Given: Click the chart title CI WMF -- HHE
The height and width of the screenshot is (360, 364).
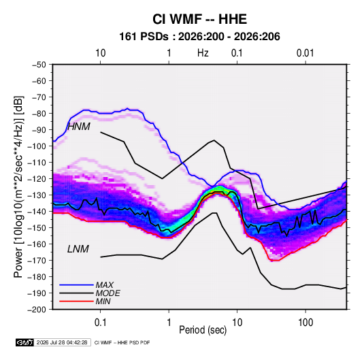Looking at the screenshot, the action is coord(199,19).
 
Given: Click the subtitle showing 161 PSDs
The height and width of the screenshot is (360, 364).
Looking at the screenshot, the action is coord(199,37).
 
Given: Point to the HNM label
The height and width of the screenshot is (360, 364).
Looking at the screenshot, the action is coord(79,127).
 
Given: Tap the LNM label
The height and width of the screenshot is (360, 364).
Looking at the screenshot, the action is coord(78,249).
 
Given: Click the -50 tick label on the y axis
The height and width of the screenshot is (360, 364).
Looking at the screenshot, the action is coord(39,65).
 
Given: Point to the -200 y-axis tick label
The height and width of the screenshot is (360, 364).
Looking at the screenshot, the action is coord(37,310).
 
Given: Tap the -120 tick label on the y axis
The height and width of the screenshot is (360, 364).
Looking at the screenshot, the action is coord(37,179).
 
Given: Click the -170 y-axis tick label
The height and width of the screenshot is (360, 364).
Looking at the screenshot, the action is coord(37,261).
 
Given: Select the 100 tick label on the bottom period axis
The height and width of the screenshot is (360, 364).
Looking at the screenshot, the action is coord(305,323).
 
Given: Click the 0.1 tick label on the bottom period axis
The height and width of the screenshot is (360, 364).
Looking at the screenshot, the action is coord(100,323).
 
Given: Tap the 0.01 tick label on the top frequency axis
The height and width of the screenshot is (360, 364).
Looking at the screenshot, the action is coord(305,53).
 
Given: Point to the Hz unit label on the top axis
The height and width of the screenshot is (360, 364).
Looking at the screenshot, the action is coord(203,53).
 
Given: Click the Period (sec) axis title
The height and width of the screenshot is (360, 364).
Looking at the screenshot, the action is coord(203,330).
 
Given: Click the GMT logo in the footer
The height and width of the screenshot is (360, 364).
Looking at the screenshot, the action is coord(25,342).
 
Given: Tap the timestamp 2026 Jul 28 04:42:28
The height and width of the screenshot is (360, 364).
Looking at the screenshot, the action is coord(62,342).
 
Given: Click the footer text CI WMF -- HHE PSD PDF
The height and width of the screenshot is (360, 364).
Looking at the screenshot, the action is coord(122,342).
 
